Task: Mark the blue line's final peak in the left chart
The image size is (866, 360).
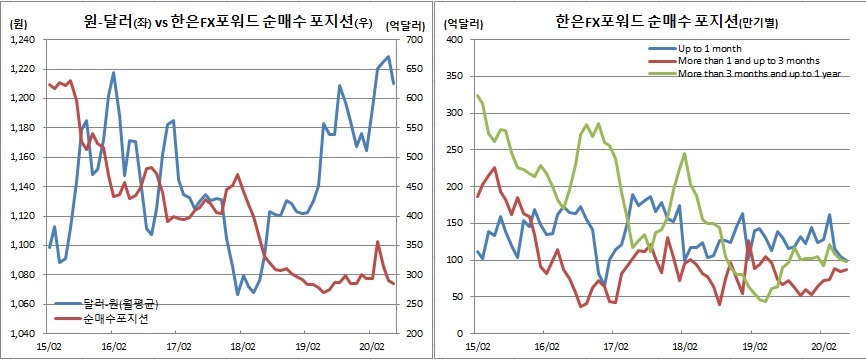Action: [387, 57]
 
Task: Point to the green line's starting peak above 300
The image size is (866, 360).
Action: [477, 96]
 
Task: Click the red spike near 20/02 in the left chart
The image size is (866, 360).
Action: [377, 242]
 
